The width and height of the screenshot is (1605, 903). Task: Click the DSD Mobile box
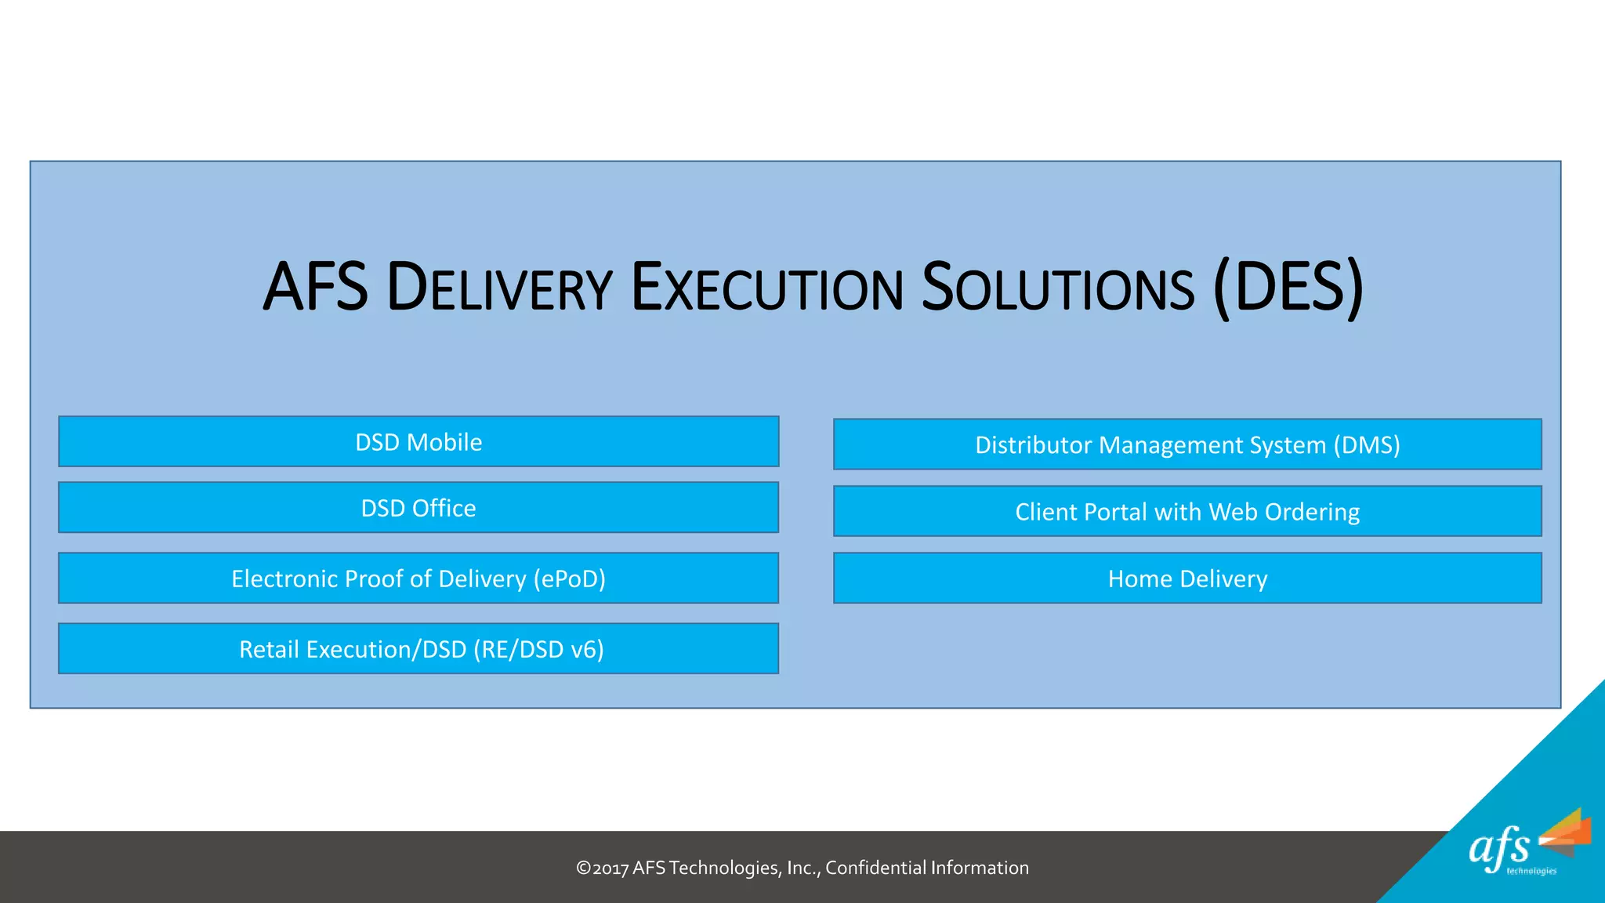[x=418, y=442]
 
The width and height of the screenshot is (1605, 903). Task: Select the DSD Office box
[x=418, y=508]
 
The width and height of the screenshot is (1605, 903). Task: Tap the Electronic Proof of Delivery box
[x=418, y=578]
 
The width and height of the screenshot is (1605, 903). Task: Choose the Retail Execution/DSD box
[x=418, y=649]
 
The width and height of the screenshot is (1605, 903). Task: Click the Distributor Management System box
[x=1187, y=444]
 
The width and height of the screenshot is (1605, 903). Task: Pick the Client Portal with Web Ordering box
[x=1187, y=512]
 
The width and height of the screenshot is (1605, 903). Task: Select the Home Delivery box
[x=1187, y=578]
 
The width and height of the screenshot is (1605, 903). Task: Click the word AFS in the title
[x=316, y=287]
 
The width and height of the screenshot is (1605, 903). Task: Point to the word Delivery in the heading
[x=500, y=287]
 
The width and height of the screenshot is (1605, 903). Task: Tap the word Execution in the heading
[x=767, y=287]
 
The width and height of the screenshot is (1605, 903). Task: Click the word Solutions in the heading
[x=1058, y=287]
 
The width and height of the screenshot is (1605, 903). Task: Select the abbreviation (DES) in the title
[x=1288, y=287]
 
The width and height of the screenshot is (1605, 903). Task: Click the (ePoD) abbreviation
[x=570, y=579]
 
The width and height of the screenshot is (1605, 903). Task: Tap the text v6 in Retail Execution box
[x=583, y=650]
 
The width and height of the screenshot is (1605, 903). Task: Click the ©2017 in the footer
[x=602, y=868]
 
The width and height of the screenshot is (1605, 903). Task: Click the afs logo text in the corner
[x=1499, y=848]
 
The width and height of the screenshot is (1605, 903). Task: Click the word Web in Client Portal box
[x=1233, y=512]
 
